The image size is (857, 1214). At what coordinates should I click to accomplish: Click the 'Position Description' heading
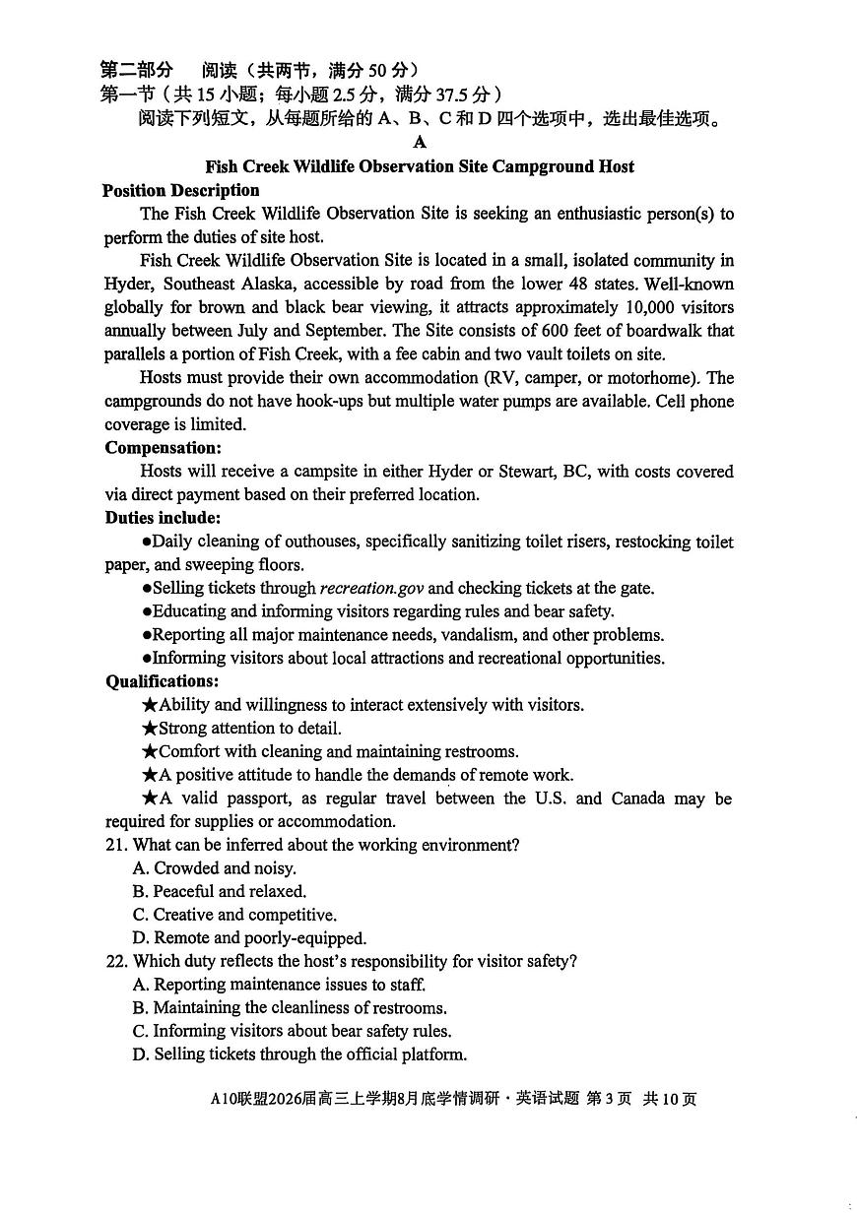pyautogui.click(x=180, y=190)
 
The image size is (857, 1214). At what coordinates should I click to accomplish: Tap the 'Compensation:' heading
pyautogui.click(x=164, y=448)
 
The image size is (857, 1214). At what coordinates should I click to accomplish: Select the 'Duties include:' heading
pyautogui.click(x=163, y=518)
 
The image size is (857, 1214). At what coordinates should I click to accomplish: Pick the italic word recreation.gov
pyautogui.click(x=371, y=589)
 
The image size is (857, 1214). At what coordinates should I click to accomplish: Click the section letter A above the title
pyautogui.click(x=420, y=143)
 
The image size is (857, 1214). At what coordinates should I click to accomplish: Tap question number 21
pyautogui.click(x=117, y=845)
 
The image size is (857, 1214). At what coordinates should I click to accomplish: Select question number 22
pyautogui.click(x=117, y=961)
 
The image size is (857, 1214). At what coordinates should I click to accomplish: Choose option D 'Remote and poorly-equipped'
pyautogui.click(x=249, y=938)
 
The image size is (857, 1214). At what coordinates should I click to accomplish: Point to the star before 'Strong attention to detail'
pyautogui.click(x=150, y=729)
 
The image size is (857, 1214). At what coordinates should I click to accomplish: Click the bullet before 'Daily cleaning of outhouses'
pyautogui.click(x=146, y=542)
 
